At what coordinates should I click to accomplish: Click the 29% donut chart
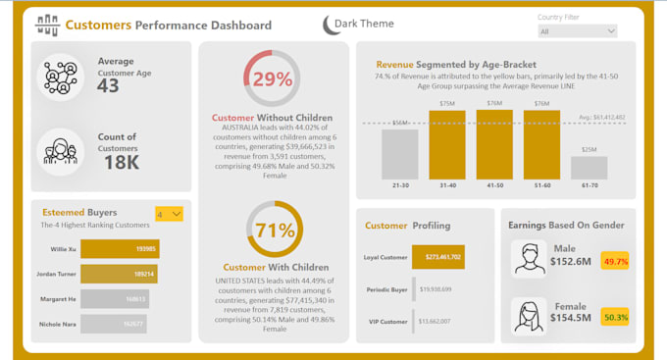(273, 77)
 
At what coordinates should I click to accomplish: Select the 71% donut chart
(274, 231)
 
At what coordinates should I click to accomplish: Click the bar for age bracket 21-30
(399, 154)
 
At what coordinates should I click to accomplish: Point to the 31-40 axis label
(447, 185)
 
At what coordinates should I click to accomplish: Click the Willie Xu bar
(119, 249)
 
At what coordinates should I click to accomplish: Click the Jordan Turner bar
(118, 274)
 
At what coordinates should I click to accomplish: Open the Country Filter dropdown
(577, 31)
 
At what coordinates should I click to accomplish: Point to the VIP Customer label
(386, 321)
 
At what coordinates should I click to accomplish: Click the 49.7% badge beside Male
(616, 262)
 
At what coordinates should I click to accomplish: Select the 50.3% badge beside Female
(616, 317)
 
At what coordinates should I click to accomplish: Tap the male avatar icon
(530, 259)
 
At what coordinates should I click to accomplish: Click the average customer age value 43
(108, 86)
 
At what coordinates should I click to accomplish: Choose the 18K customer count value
(120, 162)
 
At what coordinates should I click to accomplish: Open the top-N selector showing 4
(169, 214)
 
